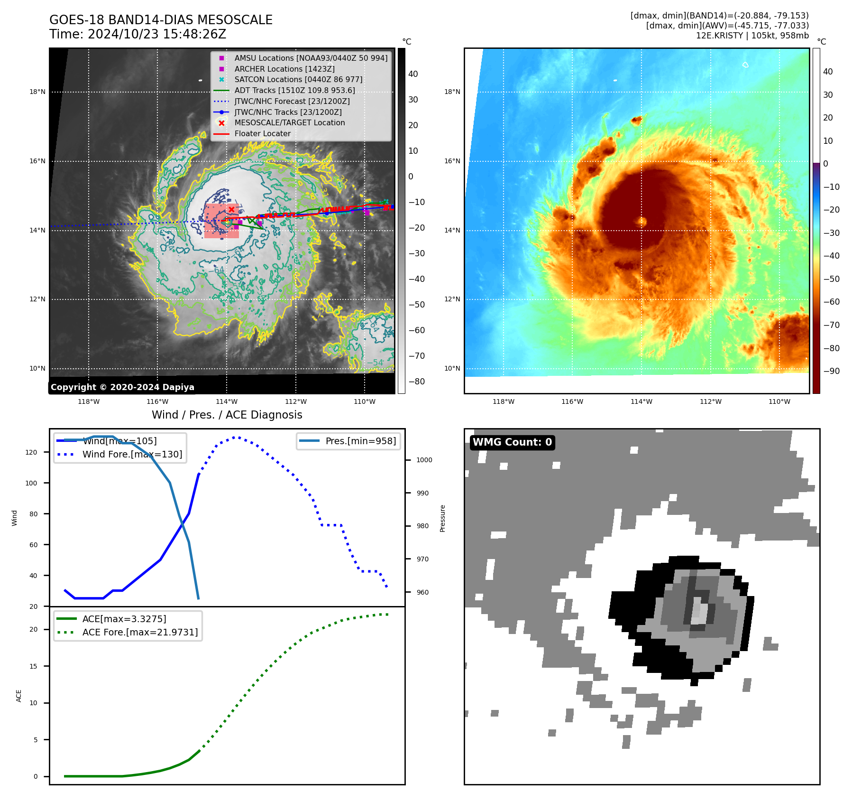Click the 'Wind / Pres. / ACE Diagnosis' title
(x=227, y=415)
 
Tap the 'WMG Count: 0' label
(x=512, y=442)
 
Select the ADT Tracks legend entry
(x=294, y=90)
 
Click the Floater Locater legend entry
(x=262, y=133)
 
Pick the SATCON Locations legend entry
(x=298, y=79)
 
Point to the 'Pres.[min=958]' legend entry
(x=360, y=441)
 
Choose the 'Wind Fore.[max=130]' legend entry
(x=132, y=454)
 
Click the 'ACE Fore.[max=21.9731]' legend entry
(x=140, y=632)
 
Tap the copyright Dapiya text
(x=122, y=387)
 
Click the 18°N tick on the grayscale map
(x=37, y=92)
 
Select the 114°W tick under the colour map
(x=641, y=401)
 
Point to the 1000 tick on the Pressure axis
(x=424, y=460)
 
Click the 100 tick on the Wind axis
(x=31, y=483)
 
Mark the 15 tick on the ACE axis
(x=33, y=666)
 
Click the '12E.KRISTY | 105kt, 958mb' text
(x=752, y=36)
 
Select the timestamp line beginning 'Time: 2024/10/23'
(x=137, y=34)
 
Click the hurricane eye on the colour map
(x=642, y=221)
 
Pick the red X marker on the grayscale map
(x=231, y=209)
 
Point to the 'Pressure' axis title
(x=442, y=518)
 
